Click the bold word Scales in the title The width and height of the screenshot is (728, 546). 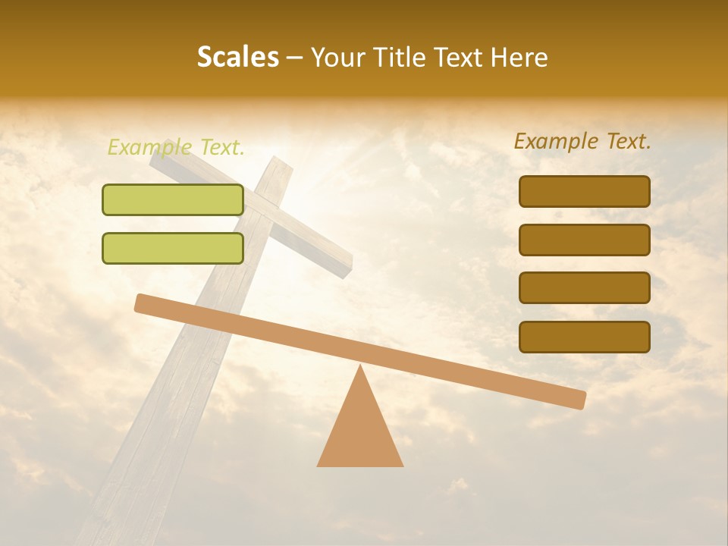(237, 57)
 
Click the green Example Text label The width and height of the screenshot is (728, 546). (175, 147)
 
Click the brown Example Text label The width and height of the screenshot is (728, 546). (582, 141)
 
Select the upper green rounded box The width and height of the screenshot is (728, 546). (173, 199)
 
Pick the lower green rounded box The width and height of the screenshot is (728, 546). (173, 248)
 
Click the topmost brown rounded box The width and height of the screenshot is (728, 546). (584, 191)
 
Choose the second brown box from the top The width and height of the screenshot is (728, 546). (584, 240)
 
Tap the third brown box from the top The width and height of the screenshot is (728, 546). (584, 288)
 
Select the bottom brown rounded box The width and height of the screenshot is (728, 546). (584, 337)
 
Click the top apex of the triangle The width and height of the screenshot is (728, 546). (360, 367)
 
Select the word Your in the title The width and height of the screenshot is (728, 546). (335, 57)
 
